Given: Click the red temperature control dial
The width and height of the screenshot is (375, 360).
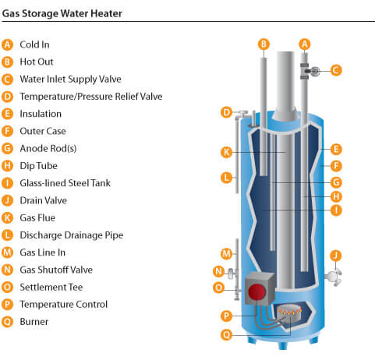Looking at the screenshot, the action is tap(256, 291).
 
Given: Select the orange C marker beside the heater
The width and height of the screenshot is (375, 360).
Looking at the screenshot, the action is tap(336, 70).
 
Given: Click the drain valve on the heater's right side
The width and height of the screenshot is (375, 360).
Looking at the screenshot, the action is tap(334, 277).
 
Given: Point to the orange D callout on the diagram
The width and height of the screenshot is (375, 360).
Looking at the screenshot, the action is tap(226, 112).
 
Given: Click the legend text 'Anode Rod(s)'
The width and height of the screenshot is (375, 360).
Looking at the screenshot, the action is tap(48, 149).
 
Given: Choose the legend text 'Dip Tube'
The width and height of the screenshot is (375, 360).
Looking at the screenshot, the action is tap(39, 166).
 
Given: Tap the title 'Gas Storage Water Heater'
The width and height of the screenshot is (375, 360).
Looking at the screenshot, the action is tap(62, 13).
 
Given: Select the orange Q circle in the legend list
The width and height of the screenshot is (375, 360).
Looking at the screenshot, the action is tap(7, 322).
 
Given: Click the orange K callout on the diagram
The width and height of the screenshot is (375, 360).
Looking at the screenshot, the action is tap(226, 152).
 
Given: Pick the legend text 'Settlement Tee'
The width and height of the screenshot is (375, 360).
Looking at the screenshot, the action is tap(51, 287).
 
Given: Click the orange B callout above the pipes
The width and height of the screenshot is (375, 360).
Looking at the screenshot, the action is tap(264, 44).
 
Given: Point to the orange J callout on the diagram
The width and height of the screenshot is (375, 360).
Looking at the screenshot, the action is tap(336, 256).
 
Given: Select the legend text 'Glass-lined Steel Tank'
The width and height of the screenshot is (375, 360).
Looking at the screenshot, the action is tap(65, 183).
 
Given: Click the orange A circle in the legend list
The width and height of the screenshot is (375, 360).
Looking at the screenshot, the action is tap(7, 44).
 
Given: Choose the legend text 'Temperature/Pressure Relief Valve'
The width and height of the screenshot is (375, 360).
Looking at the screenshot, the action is tap(91, 97).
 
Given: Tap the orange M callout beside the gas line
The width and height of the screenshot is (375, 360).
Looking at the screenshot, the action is tap(226, 253).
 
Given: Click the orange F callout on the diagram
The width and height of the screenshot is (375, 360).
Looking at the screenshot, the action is tap(336, 166).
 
